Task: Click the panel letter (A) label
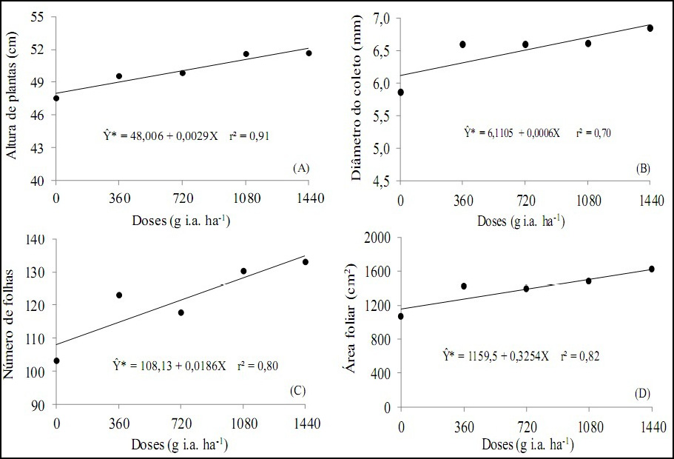pos(300,169)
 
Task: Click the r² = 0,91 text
pos(258,136)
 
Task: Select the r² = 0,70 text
pos(594,133)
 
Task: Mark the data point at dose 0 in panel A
pos(56,98)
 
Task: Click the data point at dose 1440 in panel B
pos(650,28)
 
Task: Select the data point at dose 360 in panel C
pos(119,295)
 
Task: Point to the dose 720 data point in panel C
pos(181,312)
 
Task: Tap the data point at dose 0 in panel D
pos(400,316)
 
